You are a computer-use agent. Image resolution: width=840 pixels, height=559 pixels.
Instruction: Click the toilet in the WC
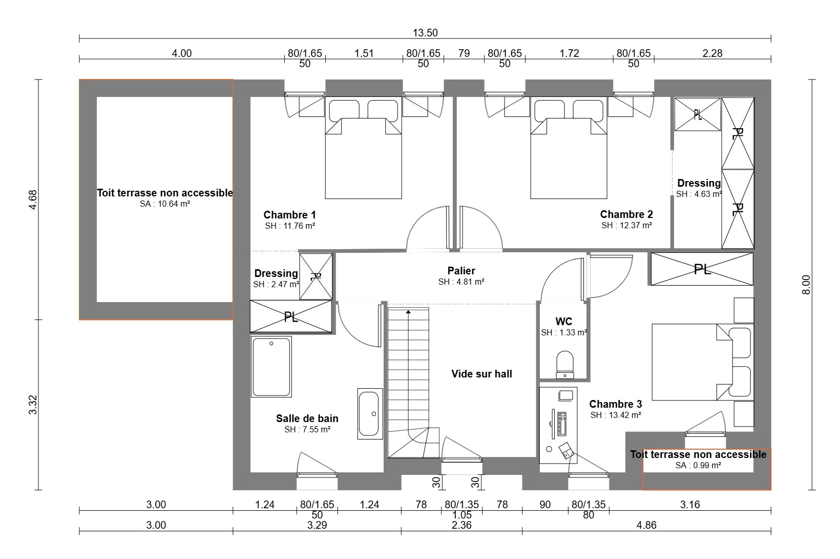[564, 364]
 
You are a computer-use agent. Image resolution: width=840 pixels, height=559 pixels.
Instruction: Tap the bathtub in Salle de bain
[271, 366]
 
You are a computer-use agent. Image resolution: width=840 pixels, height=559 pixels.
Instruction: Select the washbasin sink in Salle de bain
[370, 414]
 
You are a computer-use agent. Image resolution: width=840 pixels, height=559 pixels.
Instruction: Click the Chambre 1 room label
[289, 215]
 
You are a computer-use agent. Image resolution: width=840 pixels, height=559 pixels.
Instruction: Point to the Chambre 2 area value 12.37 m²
[626, 225]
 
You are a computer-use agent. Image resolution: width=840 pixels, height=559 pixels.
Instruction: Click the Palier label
[461, 271]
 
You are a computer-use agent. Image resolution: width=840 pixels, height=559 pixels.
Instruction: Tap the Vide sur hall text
[481, 373]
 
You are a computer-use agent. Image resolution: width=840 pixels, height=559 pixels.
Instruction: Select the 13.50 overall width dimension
[425, 33]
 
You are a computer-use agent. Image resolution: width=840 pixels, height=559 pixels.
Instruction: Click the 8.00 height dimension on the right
[806, 285]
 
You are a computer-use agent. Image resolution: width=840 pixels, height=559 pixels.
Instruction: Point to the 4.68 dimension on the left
[33, 199]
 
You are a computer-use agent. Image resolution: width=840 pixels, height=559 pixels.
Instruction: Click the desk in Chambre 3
[558, 425]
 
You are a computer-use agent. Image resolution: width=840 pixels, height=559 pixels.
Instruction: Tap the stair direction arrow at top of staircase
[408, 312]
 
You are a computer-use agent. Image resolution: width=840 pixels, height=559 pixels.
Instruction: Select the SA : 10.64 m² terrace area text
[165, 204]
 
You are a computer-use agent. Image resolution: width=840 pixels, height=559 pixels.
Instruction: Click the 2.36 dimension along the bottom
[461, 525]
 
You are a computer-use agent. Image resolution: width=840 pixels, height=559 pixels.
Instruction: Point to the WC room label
[563, 322]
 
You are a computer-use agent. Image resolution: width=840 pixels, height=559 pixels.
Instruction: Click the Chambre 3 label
[615, 404]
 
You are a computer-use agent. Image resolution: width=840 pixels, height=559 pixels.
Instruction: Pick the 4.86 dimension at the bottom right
[646, 525]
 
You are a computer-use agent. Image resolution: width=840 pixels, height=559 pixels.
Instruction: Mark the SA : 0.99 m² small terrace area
[698, 466]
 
